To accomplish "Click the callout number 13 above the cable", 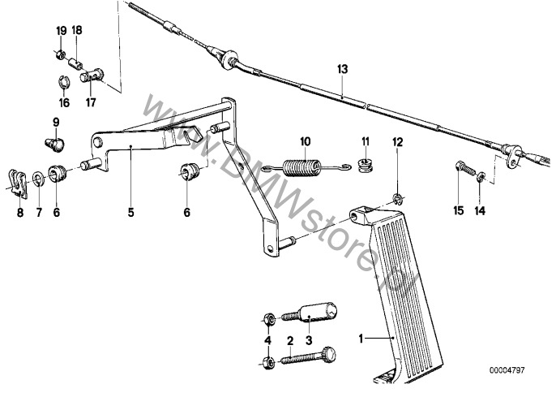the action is [x=343, y=69].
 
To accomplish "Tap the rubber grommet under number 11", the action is [x=365, y=166].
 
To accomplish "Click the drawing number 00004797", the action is [x=507, y=370].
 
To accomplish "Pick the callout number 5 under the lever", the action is [x=130, y=213].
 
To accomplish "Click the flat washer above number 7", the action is [x=38, y=178].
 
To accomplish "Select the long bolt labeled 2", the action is [x=308, y=356].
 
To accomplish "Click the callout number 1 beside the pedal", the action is [x=361, y=339].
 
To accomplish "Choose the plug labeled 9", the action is [x=55, y=145].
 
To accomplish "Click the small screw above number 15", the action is [x=465, y=168].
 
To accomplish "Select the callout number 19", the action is [x=62, y=31].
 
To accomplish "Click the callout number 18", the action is [x=77, y=30].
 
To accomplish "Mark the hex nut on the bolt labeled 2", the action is [x=268, y=363].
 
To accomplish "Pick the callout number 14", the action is [x=480, y=211].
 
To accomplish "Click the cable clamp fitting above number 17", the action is [x=92, y=76].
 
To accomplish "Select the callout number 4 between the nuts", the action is [x=267, y=340].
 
